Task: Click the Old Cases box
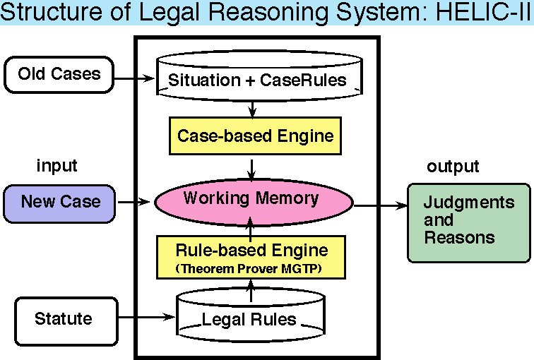coord(59,74)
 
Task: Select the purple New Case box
coord(59,203)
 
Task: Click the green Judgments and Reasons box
coord(468,222)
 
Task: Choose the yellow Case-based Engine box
coord(254,136)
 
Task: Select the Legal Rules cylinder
coord(249,320)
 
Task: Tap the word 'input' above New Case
coord(57,167)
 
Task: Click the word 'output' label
coord(453,167)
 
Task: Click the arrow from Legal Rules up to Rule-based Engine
coord(251,287)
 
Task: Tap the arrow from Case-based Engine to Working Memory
coord(252,167)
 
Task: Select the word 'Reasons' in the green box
coord(459,239)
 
